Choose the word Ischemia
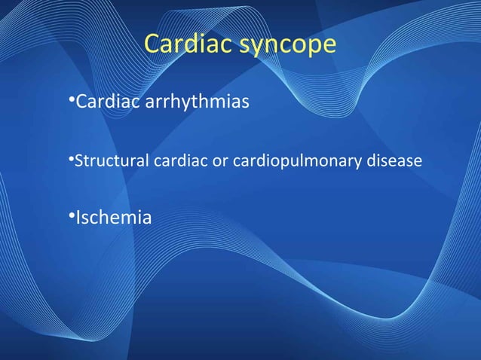click(x=112, y=218)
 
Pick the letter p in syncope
click(x=308, y=47)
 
